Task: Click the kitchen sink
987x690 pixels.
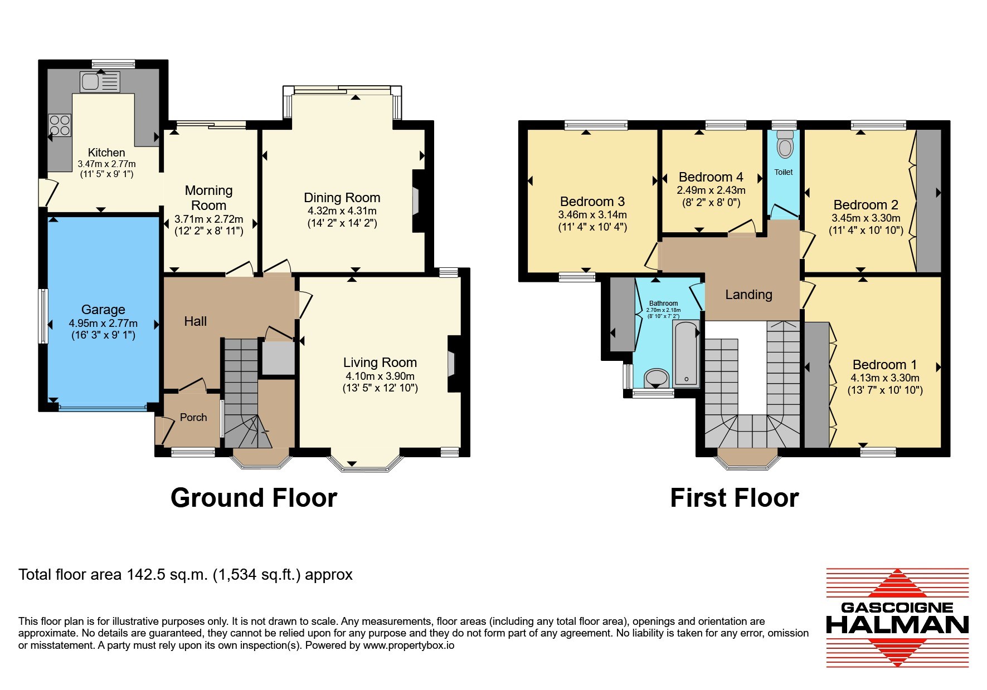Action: click(100, 82)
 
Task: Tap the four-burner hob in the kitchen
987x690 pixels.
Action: click(60, 125)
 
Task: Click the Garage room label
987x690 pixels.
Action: click(103, 310)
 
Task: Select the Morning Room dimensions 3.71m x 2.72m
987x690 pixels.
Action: click(209, 219)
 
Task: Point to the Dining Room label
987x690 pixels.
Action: click(342, 198)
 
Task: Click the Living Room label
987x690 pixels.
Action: click(380, 363)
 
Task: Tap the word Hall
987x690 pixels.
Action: click(196, 321)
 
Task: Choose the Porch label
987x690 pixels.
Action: click(193, 417)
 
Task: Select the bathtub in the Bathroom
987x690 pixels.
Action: click(686, 354)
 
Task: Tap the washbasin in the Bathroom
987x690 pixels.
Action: click(657, 378)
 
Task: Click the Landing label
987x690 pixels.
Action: click(748, 295)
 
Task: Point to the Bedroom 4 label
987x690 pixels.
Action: click(711, 177)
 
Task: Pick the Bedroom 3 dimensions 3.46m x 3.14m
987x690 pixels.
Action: click(592, 215)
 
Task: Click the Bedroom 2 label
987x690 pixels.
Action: click(866, 205)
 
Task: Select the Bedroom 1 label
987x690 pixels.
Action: click(885, 365)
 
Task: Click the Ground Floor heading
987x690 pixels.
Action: click(254, 498)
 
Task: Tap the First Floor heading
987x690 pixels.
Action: click(735, 498)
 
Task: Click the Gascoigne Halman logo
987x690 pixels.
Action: click(897, 617)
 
